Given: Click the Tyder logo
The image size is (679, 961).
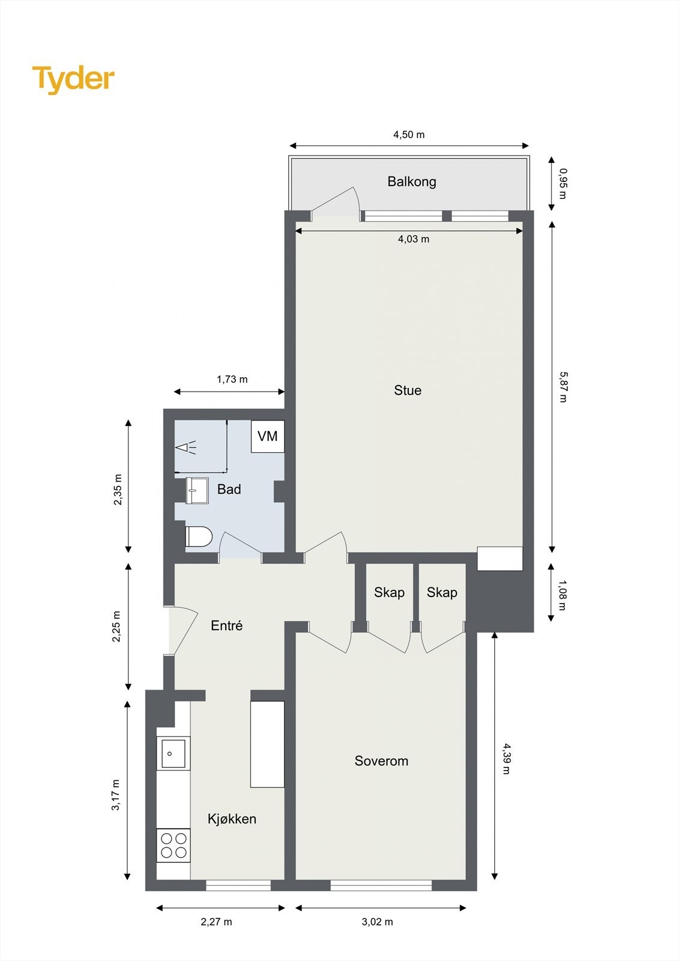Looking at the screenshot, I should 73,79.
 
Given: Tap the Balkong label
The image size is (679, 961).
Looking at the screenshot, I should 411,181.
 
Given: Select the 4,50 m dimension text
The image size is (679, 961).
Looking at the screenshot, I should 409,135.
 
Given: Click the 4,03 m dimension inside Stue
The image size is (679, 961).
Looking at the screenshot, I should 414,239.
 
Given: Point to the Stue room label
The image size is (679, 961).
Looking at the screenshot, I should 408,390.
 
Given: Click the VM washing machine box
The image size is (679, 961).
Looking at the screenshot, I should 268,436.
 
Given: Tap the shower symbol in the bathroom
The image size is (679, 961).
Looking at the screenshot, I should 186,447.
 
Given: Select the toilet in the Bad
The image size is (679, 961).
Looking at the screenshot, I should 199,536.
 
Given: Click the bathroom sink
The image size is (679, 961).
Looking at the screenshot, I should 196,491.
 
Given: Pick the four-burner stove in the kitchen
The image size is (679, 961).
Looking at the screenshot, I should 174,845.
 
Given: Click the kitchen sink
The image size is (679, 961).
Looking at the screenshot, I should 174,753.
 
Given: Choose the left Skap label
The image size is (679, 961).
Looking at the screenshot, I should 389,593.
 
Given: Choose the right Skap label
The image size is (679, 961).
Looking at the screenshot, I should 442,593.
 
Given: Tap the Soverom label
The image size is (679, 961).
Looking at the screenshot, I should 381,761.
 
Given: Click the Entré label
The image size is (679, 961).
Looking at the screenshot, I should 227,626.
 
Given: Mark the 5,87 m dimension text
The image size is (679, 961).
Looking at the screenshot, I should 563,387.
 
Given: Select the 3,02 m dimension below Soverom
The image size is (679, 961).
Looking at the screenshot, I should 378,922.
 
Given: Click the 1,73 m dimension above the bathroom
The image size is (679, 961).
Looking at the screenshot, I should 232,380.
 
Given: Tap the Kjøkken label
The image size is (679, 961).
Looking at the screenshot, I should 232,819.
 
